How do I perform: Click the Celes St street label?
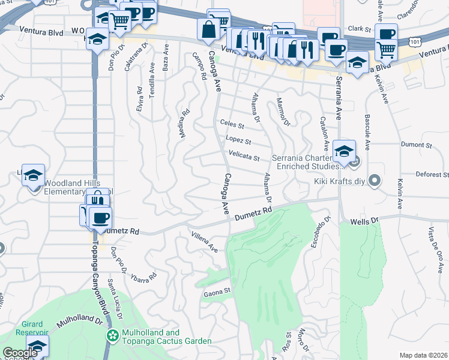tap(232, 125)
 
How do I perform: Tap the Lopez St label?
tap(238, 141)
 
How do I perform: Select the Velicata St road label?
tap(244, 158)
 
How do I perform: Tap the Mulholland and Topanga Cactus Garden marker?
tap(111, 334)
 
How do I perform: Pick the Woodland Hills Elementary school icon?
tap(34, 175)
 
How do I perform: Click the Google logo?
tap(20, 353)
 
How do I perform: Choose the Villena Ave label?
tap(204, 241)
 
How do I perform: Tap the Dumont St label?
tap(416, 145)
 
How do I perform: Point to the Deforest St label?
tap(431, 175)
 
